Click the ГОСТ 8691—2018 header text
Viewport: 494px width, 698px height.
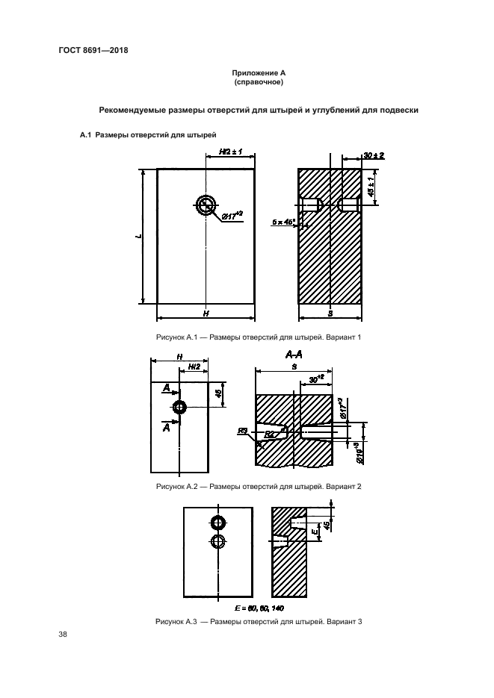click(x=93, y=51)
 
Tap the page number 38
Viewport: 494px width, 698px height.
click(x=63, y=635)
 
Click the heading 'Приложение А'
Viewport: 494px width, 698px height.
click(x=247, y=72)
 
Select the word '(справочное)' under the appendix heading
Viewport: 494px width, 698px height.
click(x=247, y=81)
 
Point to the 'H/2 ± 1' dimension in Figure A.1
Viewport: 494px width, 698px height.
click(x=230, y=152)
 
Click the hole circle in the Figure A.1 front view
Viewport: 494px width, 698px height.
click(x=206, y=205)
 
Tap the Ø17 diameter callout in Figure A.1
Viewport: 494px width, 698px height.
click(x=235, y=216)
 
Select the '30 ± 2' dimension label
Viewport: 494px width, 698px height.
click(x=373, y=155)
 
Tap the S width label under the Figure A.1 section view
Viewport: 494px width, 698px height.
click(x=330, y=314)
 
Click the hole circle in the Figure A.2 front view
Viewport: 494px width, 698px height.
click(x=179, y=407)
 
